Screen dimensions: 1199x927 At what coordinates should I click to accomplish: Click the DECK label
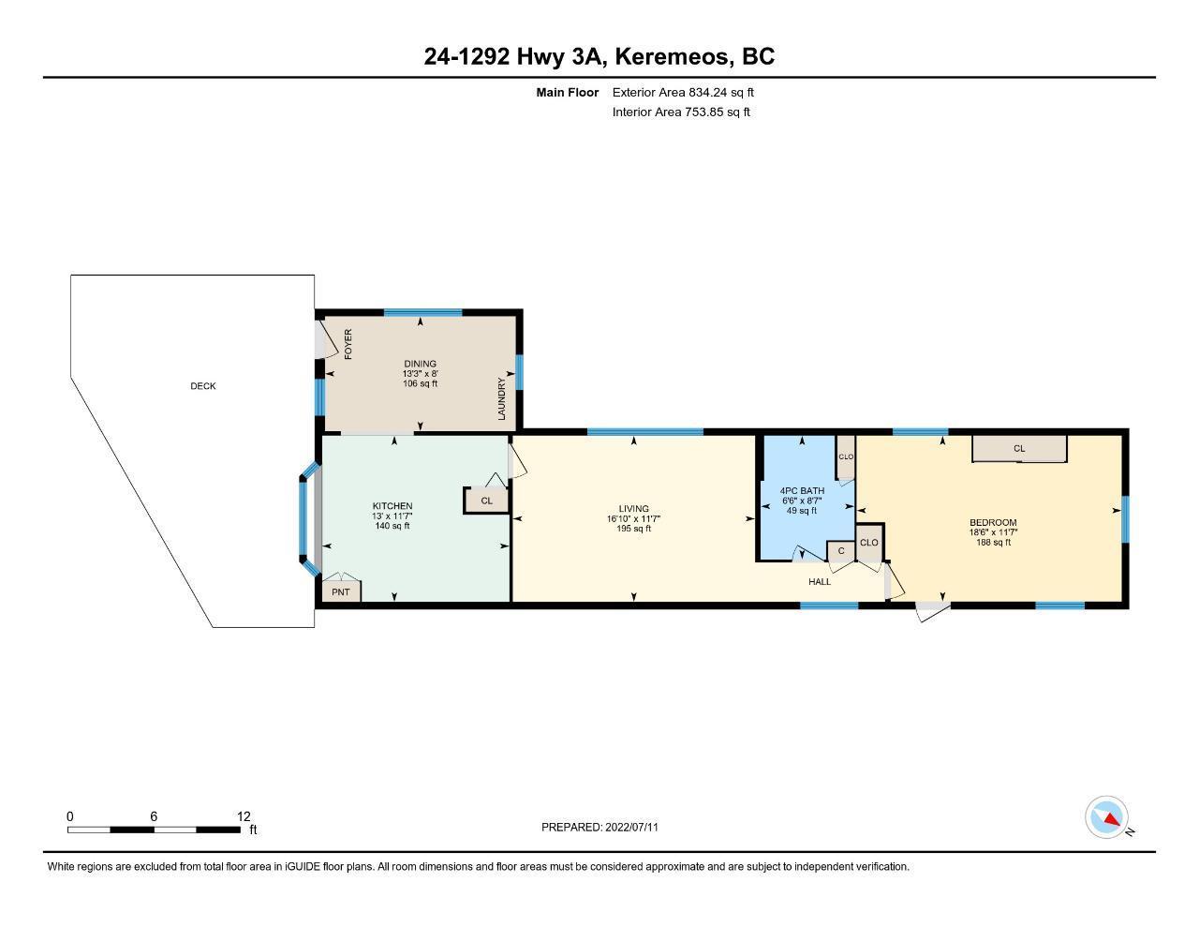pos(202,386)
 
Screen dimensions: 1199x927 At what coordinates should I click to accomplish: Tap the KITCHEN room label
pos(392,506)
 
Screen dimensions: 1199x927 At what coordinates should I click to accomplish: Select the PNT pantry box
pos(341,591)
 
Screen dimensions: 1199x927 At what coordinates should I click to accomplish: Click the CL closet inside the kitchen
pos(486,501)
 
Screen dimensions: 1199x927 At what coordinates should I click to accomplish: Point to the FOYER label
pos(348,344)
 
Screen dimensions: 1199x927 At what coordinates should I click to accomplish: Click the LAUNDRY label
pos(501,398)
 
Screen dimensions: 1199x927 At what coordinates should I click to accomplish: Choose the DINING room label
pos(420,364)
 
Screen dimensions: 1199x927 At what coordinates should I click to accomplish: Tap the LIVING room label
pos(633,509)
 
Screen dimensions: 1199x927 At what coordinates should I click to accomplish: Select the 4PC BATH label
pos(802,490)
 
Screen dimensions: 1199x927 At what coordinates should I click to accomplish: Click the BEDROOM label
pos(993,522)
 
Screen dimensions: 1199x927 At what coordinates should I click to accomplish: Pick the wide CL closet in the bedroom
pos(1019,448)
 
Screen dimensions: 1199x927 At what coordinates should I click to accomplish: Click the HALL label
pos(820,581)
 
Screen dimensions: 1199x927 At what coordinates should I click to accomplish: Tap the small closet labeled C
pos(841,551)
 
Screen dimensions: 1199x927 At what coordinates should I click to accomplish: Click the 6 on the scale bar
pos(154,816)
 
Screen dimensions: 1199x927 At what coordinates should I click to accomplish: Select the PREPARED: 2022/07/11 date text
pos(599,827)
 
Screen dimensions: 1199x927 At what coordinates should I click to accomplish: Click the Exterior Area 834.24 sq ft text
pos(683,92)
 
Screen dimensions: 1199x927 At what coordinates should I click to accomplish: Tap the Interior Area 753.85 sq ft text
pos(681,112)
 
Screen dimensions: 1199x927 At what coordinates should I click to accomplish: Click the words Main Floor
pos(568,92)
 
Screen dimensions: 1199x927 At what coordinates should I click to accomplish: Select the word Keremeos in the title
pos(674,56)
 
